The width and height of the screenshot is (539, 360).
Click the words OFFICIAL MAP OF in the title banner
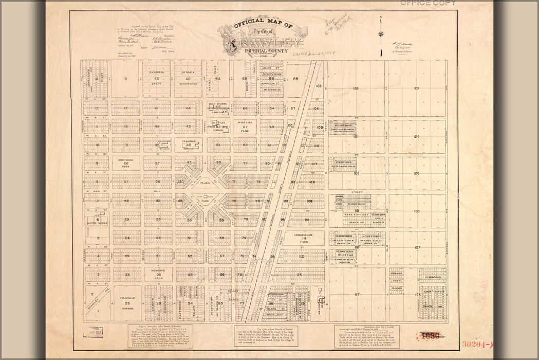pos(263,25)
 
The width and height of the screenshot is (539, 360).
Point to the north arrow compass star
pos(381,34)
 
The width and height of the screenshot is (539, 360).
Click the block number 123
pos(416,88)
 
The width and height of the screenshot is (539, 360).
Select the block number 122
pos(356,88)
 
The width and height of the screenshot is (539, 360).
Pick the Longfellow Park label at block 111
pos(308,238)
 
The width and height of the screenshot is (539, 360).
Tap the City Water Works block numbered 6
pos(97,220)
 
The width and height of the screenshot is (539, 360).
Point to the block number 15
pos(126,79)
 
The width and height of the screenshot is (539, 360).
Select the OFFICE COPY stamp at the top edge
pos(428,3)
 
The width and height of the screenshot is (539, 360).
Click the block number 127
pos(417,248)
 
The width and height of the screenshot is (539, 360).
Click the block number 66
pos(295,79)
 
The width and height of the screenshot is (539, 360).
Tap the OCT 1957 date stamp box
pos(94,333)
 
